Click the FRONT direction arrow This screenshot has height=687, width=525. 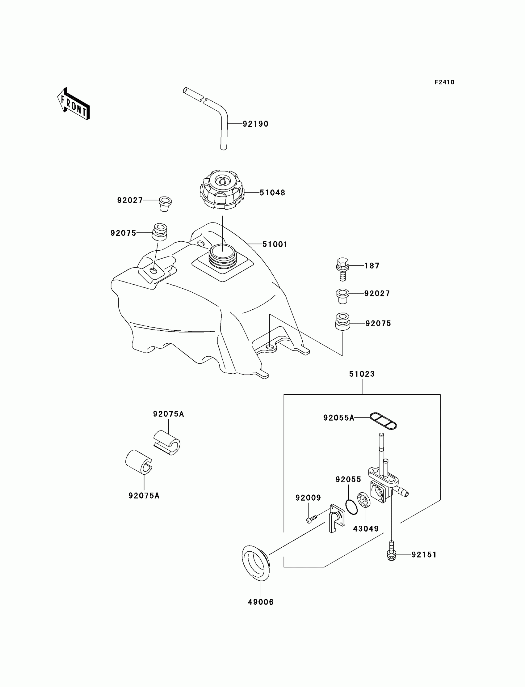pos(74,104)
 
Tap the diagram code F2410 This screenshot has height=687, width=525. pos(444,82)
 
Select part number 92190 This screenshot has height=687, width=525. pos(256,124)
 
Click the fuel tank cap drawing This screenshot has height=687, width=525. pos(221,190)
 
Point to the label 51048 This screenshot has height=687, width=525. pos(272,193)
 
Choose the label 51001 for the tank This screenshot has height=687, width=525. pos(275,244)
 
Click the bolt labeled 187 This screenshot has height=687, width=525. pos(342,269)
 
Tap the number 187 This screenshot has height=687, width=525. pos(372,266)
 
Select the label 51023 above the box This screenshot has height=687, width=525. pos(362,374)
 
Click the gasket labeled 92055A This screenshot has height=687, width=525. pos(383,421)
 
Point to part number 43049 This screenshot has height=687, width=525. pos(366,529)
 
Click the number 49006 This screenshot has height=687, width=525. pos(261,602)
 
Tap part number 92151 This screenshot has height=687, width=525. pos(424,555)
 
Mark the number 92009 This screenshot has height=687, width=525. pos(308,498)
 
